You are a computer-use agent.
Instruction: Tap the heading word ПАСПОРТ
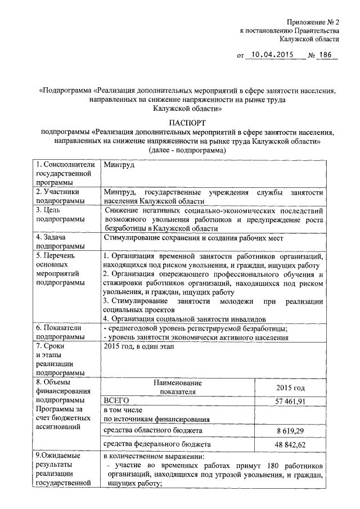(186, 122)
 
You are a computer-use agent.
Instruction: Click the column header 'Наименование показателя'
(177, 387)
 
